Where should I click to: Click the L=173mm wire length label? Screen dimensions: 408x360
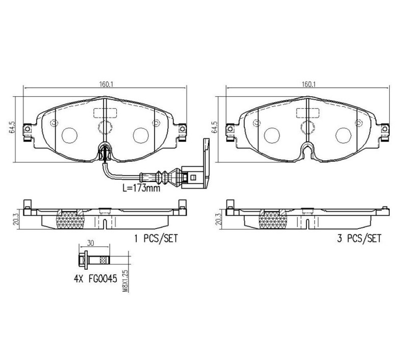[141, 188]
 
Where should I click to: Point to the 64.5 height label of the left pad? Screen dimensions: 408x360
[12, 127]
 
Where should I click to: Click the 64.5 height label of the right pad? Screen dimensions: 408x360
[214, 127]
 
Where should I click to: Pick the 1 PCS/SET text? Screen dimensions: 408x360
[156, 238]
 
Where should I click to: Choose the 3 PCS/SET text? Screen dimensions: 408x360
[359, 238]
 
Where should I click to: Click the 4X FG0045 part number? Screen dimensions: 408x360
[95, 279]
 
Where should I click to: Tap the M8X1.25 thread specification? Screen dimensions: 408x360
[125, 281]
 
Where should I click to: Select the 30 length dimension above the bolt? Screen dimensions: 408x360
[90, 243]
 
